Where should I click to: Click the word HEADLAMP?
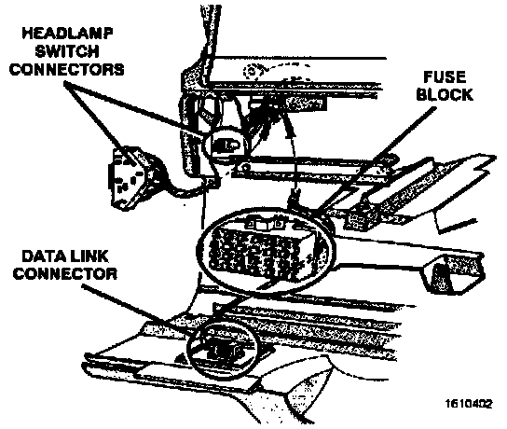67,33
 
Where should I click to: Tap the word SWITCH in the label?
67,51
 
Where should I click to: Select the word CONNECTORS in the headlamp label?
66,69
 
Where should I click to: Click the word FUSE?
445,77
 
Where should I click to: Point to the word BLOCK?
445,94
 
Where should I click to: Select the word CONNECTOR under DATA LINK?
64,273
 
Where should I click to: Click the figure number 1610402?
469,404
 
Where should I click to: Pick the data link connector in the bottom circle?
223,350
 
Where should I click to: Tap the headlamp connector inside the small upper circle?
226,145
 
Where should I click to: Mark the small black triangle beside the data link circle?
180,358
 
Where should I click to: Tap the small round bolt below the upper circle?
246,167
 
